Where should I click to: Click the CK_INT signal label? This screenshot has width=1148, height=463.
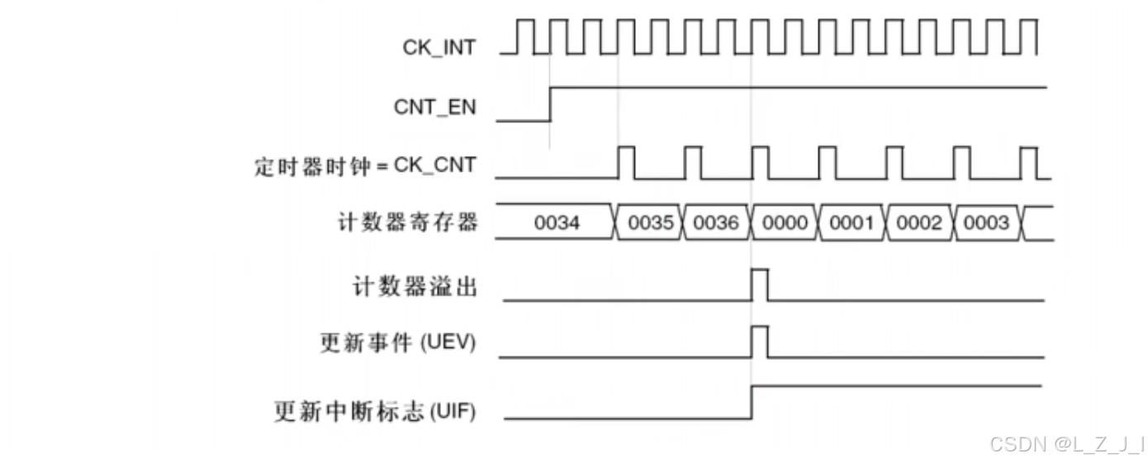tap(439, 47)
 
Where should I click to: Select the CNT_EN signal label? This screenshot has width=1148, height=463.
tap(435, 106)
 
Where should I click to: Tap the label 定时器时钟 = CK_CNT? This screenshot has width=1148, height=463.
tap(364, 165)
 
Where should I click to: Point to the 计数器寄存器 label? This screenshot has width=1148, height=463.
tap(407, 223)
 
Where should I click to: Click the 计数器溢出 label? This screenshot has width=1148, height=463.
tap(415, 286)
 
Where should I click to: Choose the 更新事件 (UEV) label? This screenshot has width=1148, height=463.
tap(397, 343)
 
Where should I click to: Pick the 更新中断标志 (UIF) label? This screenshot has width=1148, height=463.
tap(374, 410)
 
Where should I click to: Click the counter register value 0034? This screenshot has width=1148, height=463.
tap(557, 224)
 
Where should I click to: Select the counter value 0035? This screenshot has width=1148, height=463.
tap(650, 224)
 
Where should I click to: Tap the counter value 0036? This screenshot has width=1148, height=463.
tap(716, 224)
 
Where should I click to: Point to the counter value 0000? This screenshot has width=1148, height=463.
tap(784, 224)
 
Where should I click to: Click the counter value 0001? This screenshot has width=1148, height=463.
tap(851, 224)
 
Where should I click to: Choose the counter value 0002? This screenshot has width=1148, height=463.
tap(918, 224)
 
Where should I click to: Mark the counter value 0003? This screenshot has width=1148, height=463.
tap(986, 224)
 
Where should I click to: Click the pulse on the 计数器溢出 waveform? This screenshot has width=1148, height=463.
tap(759, 284)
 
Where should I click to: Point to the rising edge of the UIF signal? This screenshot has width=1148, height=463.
tap(752, 401)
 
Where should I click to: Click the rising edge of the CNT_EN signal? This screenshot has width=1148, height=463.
tap(551, 103)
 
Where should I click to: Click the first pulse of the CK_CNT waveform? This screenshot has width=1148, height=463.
tap(626, 162)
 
